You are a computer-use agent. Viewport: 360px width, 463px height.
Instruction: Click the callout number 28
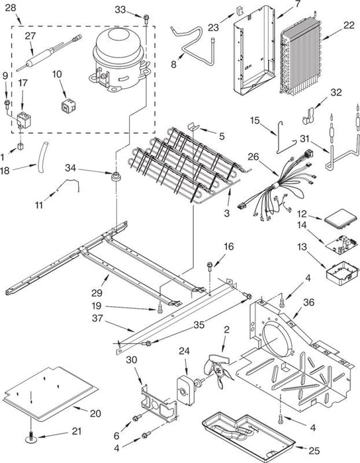[11, 8]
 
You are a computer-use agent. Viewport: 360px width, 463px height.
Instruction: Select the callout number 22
[349, 25]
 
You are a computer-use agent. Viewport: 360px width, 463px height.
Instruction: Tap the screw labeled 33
[146, 19]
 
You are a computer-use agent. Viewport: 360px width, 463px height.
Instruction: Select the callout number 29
[97, 292]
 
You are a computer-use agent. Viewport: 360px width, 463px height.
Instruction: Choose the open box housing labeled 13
[343, 273]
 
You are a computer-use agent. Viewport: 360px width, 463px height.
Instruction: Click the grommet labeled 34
[115, 177]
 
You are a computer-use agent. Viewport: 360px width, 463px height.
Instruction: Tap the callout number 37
[97, 318]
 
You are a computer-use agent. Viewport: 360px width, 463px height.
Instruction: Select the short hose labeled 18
[42, 157]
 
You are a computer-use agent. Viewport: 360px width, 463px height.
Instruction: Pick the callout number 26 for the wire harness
[253, 157]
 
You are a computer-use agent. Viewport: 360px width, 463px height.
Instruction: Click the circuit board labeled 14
[341, 245]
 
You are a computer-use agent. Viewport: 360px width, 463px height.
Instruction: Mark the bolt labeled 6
[137, 417]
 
